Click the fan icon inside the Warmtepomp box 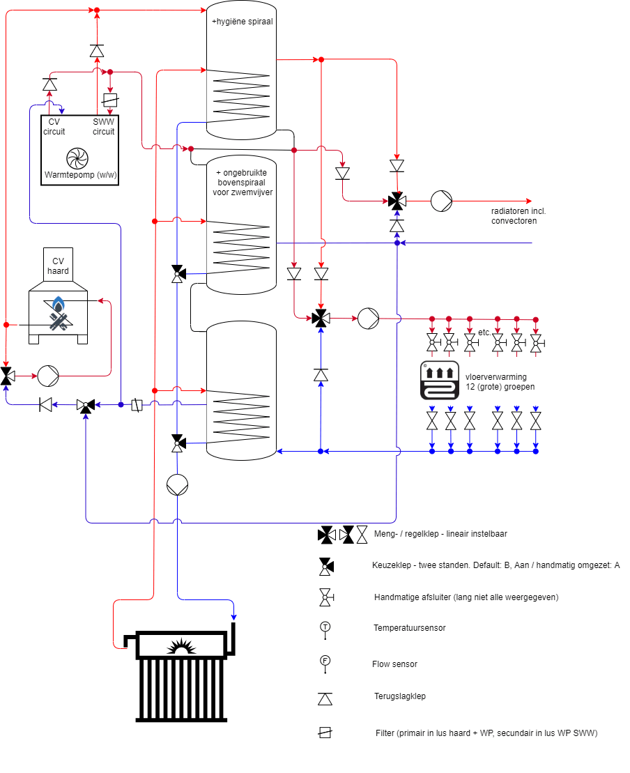[x=75, y=158]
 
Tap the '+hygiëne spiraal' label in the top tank [x=242, y=22]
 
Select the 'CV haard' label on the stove [x=59, y=266]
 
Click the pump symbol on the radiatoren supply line [x=441, y=201]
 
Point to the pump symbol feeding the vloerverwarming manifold [x=368, y=319]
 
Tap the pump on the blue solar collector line [x=178, y=484]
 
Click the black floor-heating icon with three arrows [x=439, y=381]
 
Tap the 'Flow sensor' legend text [x=394, y=664]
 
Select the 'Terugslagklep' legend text [x=399, y=696]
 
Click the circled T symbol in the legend [x=325, y=627]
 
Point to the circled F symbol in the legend [x=325, y=661]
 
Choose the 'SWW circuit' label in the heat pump [x=104, y=127]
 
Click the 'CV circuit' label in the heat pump [x=54, y=127]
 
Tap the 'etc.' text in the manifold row [x=484, y=332]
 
